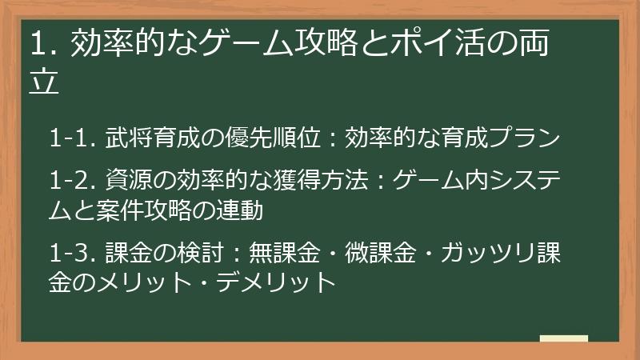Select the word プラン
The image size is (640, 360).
click(x=523, y=138)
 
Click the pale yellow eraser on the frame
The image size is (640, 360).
click(x=564, y=338)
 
